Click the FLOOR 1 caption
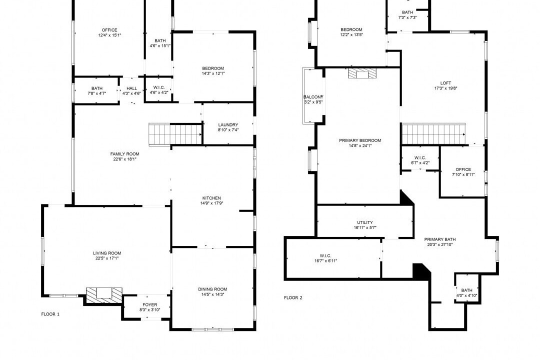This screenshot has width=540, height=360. [50, 314]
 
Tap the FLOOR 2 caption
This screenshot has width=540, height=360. [293, 297]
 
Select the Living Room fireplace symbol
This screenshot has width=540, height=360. [104, 295]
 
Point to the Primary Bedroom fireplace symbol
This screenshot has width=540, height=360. [362, 73]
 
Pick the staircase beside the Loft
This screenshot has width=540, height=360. [433, 134]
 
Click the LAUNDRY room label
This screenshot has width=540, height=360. [228, 124]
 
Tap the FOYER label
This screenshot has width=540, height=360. [150, 304]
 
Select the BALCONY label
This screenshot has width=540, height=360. [313, 97]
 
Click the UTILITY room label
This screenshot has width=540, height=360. [365, 222]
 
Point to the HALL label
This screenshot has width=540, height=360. [131, 88]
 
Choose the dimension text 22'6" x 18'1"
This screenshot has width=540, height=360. [124, 159]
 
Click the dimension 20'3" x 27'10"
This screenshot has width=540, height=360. [440, 244]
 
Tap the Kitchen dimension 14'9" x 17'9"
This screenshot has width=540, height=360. [211, 203]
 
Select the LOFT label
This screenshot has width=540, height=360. [445, 83]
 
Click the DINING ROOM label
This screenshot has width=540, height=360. [212, 289]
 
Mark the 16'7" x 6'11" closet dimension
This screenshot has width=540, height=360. [325, 261]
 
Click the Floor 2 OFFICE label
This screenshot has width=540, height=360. [463, 169]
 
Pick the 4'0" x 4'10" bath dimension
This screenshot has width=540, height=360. [466, 295]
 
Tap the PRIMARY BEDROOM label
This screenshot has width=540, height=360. [360, 140]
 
